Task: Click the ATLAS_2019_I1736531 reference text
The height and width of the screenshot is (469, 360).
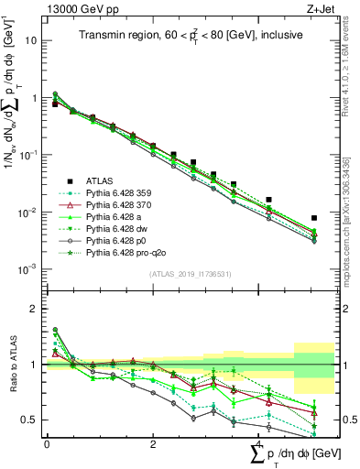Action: click(183, 274)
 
